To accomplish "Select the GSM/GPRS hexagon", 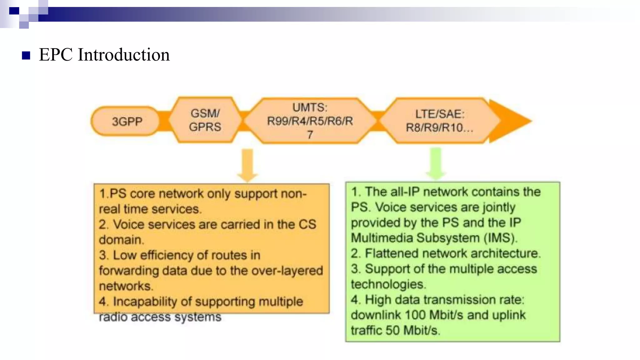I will click(205, 120).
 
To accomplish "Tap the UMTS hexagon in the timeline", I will click(310, 121).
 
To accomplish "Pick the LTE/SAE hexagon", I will click(439, 121).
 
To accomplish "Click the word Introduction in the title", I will click(124, 55).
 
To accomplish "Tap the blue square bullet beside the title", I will click(26, 56).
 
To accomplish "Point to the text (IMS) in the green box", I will click(500, 238).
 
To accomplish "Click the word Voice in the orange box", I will click(128, 224).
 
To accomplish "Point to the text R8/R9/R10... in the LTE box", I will click(439, 128).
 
